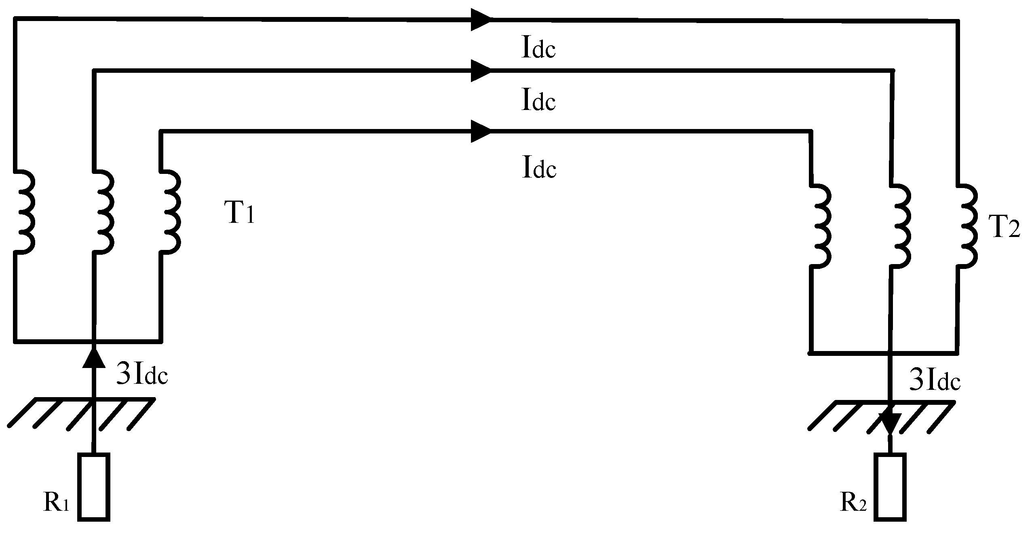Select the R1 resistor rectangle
93,486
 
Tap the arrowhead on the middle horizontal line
481,71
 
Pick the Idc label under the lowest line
539,168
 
